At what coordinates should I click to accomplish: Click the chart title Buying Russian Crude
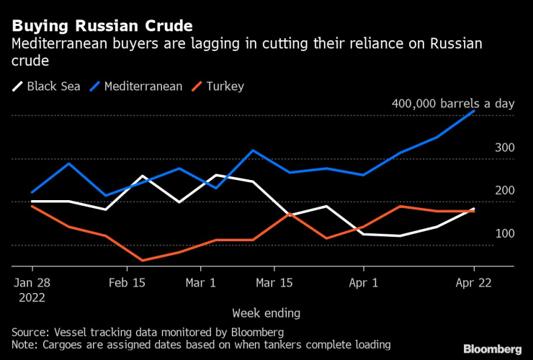point(102,26)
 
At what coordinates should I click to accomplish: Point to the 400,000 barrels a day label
point(453,104)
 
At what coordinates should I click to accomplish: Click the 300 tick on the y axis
point(503,148)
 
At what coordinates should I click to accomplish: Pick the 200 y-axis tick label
point(503,191)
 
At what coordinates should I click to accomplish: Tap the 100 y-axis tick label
point(503,234)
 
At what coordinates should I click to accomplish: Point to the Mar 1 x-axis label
point(201,283)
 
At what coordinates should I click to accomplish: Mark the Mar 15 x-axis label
point(274,283)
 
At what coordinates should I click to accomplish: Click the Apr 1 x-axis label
point(363,283)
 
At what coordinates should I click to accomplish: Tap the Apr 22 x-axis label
point(475,283)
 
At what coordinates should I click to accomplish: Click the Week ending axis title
point(266,313)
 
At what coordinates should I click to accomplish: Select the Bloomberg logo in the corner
point(493,348)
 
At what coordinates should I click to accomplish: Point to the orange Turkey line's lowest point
point(143,260)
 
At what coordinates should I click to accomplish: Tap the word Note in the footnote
point(24,345)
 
